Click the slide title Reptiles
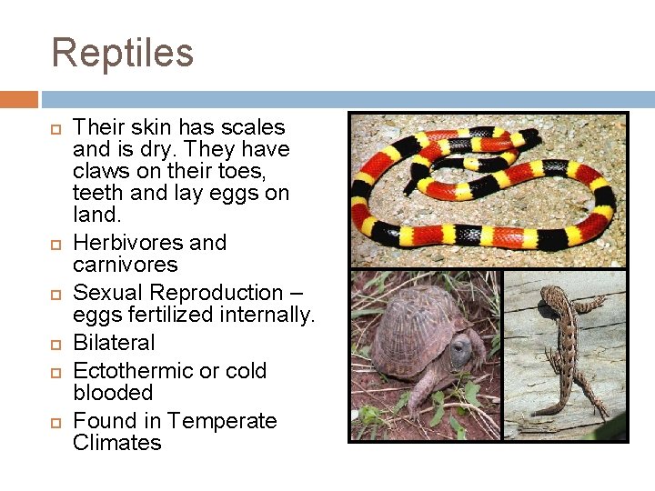coord(123,53)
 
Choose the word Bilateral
coord(114,343)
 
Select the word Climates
coord(116,443)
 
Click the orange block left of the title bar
coord(18,99)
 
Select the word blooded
coord(113,393)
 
